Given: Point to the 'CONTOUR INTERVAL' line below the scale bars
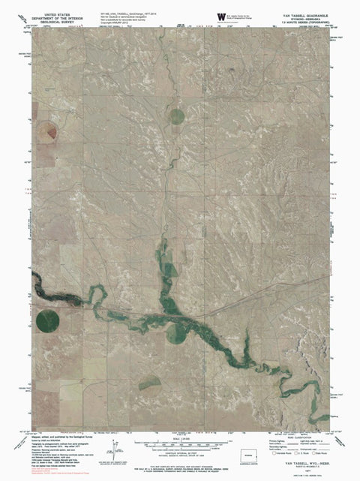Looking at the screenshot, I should coord(180,452).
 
